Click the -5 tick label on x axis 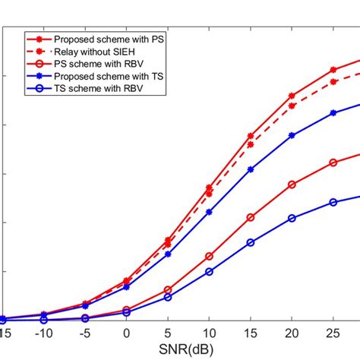click(x=85, y=334)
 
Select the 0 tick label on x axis click(x=126, y=334)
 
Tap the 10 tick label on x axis click(x=209, y=334)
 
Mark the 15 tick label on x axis click(x=251, y=334)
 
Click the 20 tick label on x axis click(x=292, y=334)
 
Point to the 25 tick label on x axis click(x=333, y=334)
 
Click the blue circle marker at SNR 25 click(x=333, y=202)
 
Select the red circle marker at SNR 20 click(x=292, y=185)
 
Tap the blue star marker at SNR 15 click(x=251, y=169)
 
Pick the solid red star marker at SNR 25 click(x=333, y=70)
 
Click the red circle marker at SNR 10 click(x=209, y=257)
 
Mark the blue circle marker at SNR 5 click(x=168, y=297)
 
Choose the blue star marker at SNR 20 click(x=292, y=135)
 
